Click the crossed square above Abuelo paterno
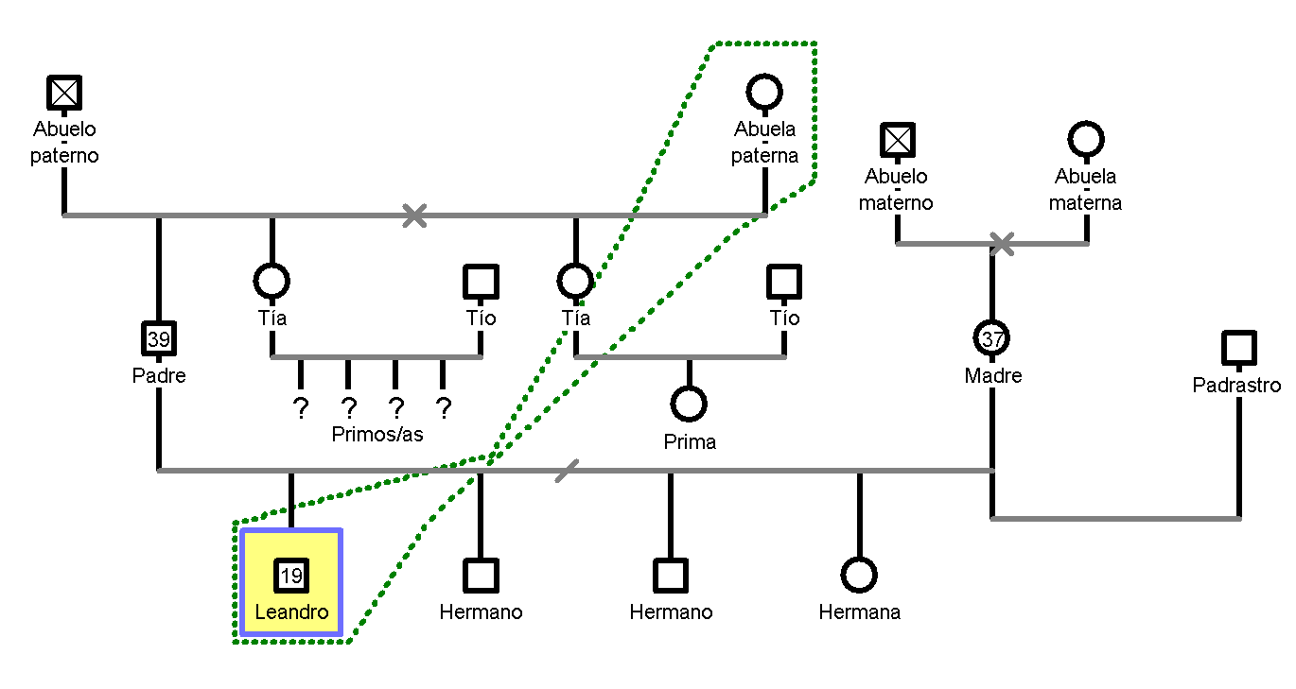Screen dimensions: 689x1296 tap(64, 93)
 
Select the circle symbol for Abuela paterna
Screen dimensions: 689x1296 tap(764, 93)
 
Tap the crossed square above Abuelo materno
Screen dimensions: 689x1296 tap(897, 140)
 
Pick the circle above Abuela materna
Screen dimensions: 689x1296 tap(1086, 140)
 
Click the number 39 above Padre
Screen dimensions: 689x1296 tap(159, 339)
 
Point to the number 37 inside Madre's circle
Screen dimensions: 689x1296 tap(992, 338)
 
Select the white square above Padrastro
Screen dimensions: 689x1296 tap(1238, 348)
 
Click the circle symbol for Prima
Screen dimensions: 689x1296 tap(689, 405)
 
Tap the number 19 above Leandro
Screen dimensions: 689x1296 tap(291, 576)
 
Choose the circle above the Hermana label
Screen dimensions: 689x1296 tap(859, 575)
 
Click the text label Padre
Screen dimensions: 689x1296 tap(159, 375)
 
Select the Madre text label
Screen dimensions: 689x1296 tap(992, 375)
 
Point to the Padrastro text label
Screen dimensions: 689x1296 tap(1236, 385)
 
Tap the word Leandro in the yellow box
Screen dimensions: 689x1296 tap(291, 611)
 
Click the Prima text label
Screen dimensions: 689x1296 tap(689, 441)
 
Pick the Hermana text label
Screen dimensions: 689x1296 tap(859, 611)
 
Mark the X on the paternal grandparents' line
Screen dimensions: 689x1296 tap(413, 215)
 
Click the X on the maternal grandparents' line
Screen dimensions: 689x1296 tap(1002, 244)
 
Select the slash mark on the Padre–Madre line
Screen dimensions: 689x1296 tap(567, 470)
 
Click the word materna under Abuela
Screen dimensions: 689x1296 tap(1085, 202)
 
